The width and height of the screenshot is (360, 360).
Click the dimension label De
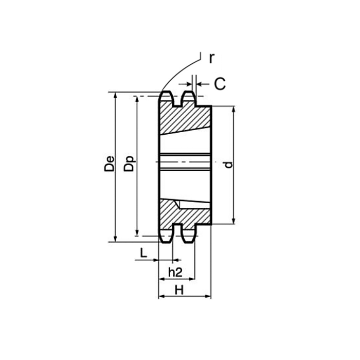pyautogui.click(x=109, y=164)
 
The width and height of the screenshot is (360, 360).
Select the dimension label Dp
pyautogui.click(x=129, y=164)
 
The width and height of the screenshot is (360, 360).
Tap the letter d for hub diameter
pyautogui.click(x=228, y=165)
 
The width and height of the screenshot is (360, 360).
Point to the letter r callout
pyautogui.click(x=212, y=59)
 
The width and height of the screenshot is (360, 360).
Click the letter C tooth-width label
pyautogui.click(x=220, y=83)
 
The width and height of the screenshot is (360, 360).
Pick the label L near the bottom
pyautogui.click(x=143, y=253)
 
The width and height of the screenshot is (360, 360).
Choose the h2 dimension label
pyautogui.click(x=175, y=272)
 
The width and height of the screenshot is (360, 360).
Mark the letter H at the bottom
pyautogui.click(x=179, y=290)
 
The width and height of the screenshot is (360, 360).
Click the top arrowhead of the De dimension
pyautogui.click(x=116, y=96)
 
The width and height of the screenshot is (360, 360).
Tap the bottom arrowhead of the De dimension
pyautogui.click(x=116, y=239)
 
